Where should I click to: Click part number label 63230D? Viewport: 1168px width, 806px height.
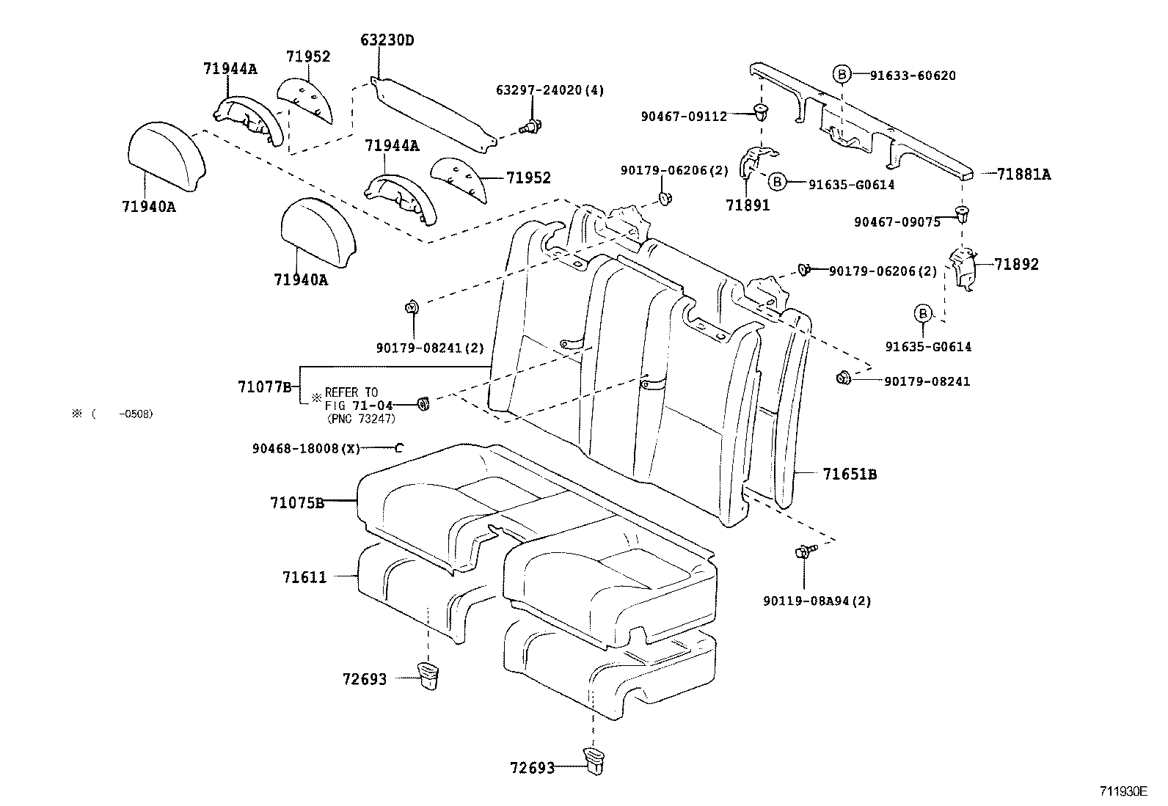387,40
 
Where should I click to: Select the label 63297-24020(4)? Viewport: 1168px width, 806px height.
550,90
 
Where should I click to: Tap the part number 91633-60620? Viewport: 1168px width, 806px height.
913,75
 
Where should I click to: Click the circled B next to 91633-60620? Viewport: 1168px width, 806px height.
842,73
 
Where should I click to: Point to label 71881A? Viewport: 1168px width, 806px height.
1023,175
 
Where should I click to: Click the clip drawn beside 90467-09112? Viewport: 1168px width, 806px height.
762,112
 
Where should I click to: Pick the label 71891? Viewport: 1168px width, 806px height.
748,205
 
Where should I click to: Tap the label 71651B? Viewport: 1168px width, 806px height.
850,475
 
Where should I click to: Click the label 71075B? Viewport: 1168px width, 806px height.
296,502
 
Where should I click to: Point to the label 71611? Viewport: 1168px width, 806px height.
304,578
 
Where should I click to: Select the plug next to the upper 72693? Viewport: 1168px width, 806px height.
428,675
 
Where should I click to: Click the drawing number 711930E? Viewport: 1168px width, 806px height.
1123,791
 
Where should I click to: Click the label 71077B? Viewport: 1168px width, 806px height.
265,386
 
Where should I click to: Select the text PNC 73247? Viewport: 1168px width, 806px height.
360,418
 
